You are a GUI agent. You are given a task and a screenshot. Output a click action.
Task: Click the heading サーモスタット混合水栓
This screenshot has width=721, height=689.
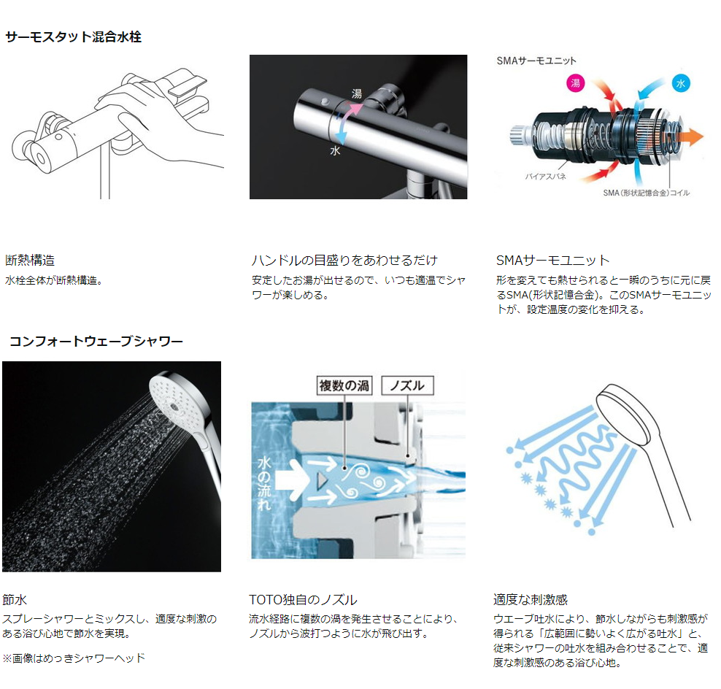tap(73, 36)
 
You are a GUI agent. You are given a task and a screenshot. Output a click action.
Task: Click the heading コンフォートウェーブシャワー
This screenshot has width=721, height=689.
tap(96, 342)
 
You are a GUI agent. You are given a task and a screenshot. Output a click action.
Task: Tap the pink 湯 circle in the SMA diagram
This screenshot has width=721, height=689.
tap(575, 82)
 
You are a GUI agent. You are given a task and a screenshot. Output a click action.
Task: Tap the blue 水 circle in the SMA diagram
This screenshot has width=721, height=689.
tap(681, 83)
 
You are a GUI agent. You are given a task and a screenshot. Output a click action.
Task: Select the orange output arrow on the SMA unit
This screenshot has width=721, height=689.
tap(691, 137)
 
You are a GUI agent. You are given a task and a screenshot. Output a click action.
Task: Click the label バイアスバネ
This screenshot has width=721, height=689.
tap(545, 176)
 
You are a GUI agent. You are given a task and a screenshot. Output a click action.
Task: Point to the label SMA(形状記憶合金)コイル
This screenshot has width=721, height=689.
tap(646, 193)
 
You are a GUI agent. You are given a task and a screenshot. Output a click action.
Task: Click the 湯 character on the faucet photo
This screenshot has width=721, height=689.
tap(356, 94)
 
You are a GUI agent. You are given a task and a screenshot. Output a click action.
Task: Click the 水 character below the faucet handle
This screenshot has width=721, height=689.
tap(335, 150)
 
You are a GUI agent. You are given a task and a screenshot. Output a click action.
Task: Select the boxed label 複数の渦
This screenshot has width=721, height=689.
tap(344, 385)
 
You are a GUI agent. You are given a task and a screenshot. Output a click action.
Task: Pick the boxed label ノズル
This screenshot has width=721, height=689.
tap(407, 385)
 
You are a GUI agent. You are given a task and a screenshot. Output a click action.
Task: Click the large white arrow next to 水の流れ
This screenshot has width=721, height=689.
tap(290, 480)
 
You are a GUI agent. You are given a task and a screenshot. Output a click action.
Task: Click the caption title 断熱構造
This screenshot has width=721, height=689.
tap(30, 261)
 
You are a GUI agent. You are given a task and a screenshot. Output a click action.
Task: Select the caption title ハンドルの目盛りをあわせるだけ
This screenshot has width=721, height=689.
tap(345, 261)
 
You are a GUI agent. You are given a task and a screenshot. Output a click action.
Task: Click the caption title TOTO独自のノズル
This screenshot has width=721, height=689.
tap(303, 600)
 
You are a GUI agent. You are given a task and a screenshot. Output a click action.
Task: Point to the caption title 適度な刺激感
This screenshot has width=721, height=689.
tap(531, 600)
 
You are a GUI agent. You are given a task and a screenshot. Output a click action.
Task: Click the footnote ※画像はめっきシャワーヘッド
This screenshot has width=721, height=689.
tap(74, 658)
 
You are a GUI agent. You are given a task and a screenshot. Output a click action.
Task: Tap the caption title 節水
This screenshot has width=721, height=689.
tap(15, 600)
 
